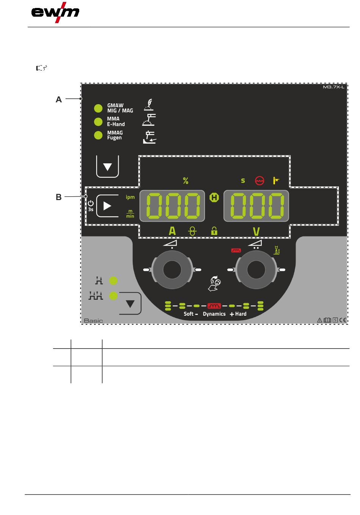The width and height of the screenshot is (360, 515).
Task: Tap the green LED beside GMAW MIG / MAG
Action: pos(98,108)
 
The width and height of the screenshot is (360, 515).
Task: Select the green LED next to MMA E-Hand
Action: pos(98,122)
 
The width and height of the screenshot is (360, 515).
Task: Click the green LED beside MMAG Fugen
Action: pos(98,135)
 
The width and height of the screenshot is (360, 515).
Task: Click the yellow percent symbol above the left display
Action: pos(186,181)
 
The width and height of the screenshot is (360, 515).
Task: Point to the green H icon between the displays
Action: pos(214,197)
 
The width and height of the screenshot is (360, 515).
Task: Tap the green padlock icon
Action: pos(214,230)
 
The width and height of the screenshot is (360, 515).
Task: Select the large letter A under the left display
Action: pos(172,231)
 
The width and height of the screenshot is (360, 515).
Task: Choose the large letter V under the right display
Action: pos(256,231)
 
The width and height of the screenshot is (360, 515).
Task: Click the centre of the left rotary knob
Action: pos(172,270)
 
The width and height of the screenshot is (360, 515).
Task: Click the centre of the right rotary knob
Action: pos(257,270)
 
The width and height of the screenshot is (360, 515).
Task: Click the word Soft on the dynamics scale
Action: pos(189,314)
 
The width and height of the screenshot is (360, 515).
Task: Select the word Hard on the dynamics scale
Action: pos(241,314)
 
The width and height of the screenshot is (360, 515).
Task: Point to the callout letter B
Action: pos(59,197)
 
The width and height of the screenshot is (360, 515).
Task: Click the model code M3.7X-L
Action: pos(333,87)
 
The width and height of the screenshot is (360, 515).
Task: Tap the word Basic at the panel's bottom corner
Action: pos(93,321)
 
